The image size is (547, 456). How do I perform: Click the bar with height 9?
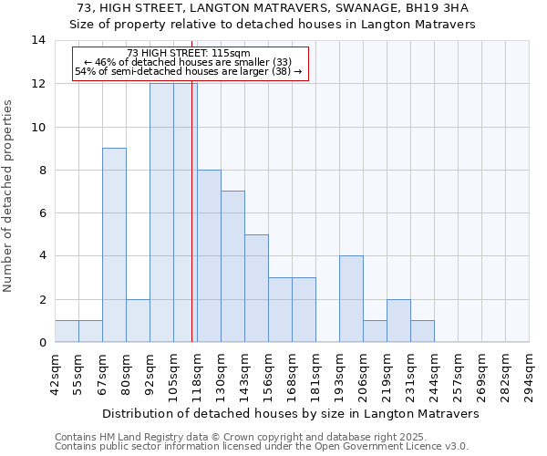(114, 244)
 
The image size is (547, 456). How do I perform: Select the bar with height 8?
(209, 255)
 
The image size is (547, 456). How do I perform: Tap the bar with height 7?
(232, 266)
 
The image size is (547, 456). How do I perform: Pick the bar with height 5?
(256, 288)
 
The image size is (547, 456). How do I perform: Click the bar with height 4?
(351, 299)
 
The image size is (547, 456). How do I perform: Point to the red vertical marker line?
(192, 210)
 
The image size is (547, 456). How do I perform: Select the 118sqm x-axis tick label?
(197, 374)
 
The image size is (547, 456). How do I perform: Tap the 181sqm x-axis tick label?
(315, 374)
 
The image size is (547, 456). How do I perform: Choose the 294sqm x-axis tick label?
(529, 374)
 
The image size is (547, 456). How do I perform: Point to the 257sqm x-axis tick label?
(458, 374)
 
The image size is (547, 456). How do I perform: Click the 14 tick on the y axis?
(38, 40)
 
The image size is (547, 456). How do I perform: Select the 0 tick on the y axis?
(42, 342)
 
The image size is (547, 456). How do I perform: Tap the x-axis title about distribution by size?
(290, 413)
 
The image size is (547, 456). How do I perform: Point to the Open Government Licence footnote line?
(262, 447)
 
